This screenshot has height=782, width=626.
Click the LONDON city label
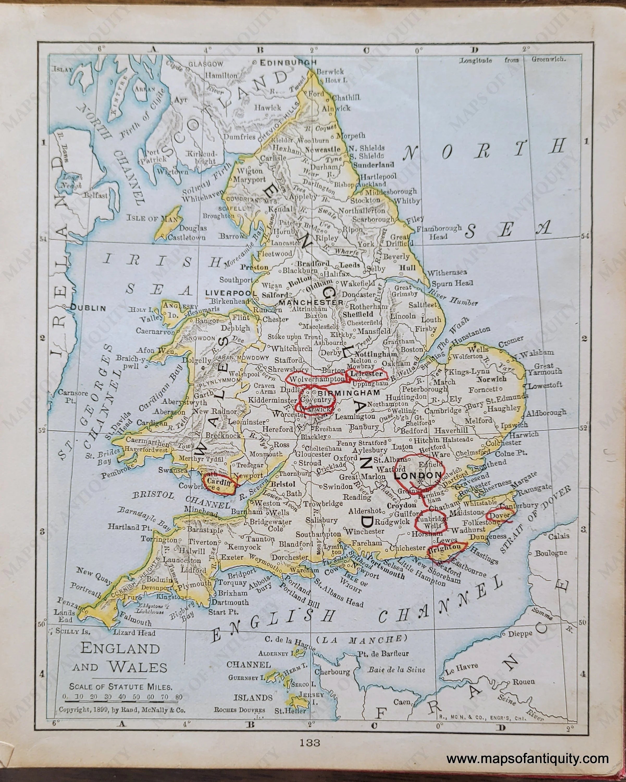(x=417, y=475)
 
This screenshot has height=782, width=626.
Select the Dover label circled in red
(x=499, y=515)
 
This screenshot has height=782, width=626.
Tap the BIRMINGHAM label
(x=348, y=393)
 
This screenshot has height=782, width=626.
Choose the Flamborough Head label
(x=439, y=233)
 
